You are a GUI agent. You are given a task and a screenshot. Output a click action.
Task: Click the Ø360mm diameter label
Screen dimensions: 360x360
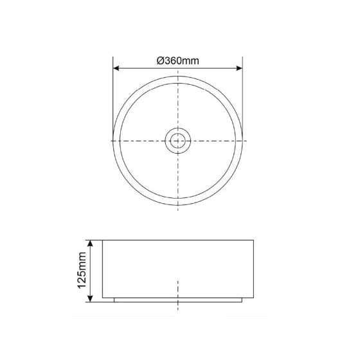click(177, 61)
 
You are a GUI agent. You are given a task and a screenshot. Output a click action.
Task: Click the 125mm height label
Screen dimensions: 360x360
click(82, 270)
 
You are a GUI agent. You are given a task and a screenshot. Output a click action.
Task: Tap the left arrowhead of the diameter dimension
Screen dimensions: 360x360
click(116, 68)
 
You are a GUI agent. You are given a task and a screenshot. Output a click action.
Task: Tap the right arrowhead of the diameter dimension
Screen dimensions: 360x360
click(239, 68)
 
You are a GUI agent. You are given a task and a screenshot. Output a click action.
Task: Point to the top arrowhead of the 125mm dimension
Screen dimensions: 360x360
click(90, 244)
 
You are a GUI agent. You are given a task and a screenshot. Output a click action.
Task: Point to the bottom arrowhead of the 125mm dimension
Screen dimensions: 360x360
click(90, 299)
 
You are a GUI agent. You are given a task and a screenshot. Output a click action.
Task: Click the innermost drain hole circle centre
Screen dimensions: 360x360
click(178, 141)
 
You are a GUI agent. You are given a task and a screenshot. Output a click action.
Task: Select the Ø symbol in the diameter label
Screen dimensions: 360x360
click(160, 61)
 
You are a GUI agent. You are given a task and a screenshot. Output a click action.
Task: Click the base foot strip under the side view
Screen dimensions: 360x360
click(178, 300)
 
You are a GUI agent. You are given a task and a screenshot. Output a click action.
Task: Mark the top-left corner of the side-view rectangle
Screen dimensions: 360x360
click(102, 240)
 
